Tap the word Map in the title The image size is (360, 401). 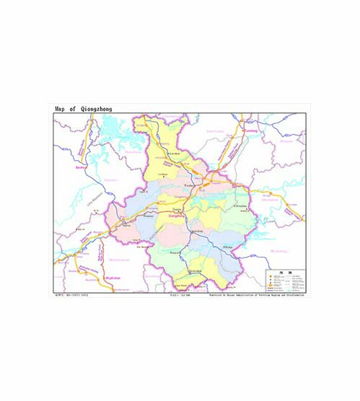(x=61, y=109)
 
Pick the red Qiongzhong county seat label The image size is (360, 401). (x=177, y=214)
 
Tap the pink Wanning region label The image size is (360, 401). (x=278, y=251)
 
